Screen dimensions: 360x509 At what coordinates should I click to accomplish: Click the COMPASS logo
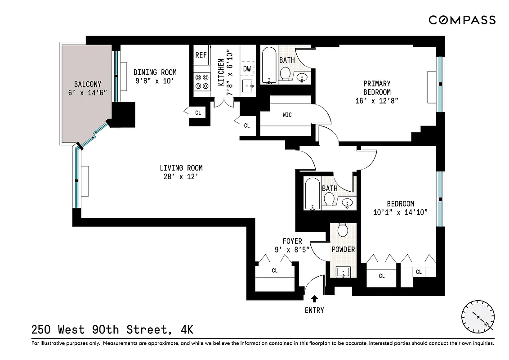pyautogui.click(x=462, y=20)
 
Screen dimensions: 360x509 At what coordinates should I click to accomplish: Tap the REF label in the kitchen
pyautogui.click(x=201, y=55)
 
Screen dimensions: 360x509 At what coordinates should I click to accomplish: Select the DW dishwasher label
pyautogui.click(x=247, y=69)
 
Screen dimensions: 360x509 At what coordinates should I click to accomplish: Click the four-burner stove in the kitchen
pyautogui.click(x=201, y=81)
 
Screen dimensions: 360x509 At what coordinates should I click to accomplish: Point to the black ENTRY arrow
pyautogui.click(x=314, y=298)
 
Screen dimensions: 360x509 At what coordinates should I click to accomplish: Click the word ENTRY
pyautogui.click(x=314, y=310)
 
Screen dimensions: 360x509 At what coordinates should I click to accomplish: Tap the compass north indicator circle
pyautogui.click(x=478, y=317)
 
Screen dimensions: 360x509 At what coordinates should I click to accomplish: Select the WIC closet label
pyautogui.click(x=287, y=115)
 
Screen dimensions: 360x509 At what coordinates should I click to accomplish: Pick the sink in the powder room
pyautogui.click(x=344, y=272)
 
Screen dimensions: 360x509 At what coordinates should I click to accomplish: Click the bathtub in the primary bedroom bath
pyautogui.click(x=269, y=66)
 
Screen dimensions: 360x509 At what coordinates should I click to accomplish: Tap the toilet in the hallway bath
pyautogui.click(x=329, y=198)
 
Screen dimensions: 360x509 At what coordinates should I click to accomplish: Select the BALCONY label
pyautogui.click(x=88, y=84)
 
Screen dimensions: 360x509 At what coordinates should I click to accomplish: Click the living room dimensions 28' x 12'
pyautogui.click(x=179, y=177)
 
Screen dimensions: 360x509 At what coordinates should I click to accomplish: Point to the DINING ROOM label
pyautogui.click(x=155, y=72)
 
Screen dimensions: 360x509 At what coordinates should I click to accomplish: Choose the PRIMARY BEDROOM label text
pyautogui.click(x=377, y=88)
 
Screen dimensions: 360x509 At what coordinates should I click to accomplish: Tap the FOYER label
pyautogui.click(x=292, y=241)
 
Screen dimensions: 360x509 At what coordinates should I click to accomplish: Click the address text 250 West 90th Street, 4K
pyautogui.click(x=112, y=330)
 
